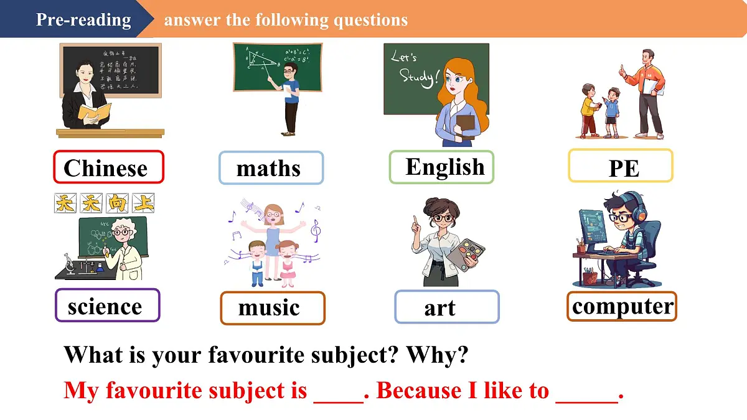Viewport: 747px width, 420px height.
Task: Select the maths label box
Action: tap(271, 168)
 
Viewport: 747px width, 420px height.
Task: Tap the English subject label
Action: tap(441, 167)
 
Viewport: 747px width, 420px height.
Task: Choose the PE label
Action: tap(621, 166)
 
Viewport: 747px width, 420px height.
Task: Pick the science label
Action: tap(107, 306)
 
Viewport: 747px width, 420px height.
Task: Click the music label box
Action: tap(272, 308)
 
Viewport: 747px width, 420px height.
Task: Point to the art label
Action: tap(446, 307)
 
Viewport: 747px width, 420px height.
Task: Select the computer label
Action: tap(621, 306)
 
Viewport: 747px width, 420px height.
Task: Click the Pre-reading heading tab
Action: tap(83, 19)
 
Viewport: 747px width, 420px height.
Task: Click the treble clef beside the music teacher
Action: tap(316, 231)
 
